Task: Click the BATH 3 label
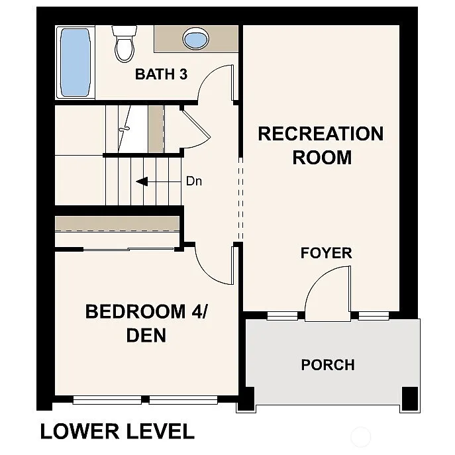[x=161, y=74]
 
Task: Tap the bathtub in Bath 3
[x=74, y=63]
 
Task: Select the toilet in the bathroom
[x=123, y=43]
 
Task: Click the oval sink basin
[x=195, y=39]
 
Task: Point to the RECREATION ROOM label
[x=321, y=145]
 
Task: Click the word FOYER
[x=326, y=253]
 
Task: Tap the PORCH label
[x=328, y=365]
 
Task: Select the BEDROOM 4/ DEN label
[x=146, y=323]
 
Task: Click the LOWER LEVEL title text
[x=117, y=432]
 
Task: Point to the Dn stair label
[x=193, y=181]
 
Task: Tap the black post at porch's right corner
[x=410, y=397]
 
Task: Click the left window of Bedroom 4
[x=107, y=399]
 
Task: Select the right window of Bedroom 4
[x=183, y=399]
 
